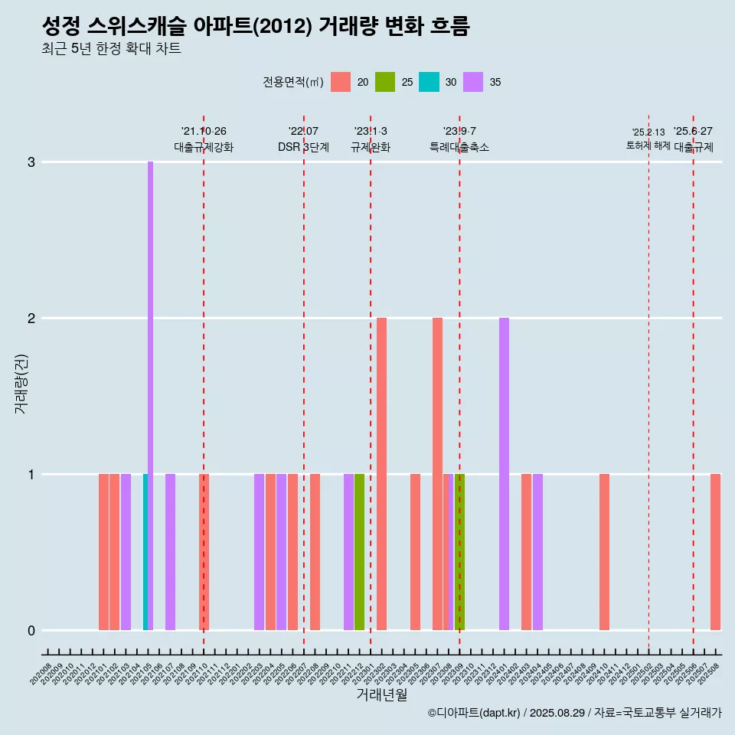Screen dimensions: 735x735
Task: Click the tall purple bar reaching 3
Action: click(x=150, y=396)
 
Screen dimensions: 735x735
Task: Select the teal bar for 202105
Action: click(x=145, y=552)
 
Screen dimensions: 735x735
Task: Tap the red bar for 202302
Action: click(x=381, y=474)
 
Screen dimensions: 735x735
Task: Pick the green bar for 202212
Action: click(x=359, y=552)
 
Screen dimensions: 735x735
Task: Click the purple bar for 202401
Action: click(x=504, y=474)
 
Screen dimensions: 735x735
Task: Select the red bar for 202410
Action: click(x=604, y=552)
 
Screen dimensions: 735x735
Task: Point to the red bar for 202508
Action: click(x=715, y=552)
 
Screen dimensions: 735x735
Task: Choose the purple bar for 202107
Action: click(x=170, y=552)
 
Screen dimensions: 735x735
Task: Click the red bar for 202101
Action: click(x=103, y=552)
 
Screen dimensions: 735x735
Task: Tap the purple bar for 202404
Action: click(x=537, y=552)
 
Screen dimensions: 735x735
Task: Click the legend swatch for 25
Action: click(x=385, y=82)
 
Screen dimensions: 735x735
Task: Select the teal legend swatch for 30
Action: click(x=430, y=82)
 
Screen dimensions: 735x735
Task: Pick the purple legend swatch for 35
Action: click(x=473, y=82)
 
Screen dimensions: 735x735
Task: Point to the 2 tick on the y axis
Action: click(x=31, y=318)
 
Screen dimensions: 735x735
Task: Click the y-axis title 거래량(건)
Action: click(x=21, y=383)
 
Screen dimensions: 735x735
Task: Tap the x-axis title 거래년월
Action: click(x=381, y=694)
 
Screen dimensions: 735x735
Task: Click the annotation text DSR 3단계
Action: click(x=303, y=147)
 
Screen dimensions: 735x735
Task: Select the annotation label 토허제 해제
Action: click(x=648, y=145)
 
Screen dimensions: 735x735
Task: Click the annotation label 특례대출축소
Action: click(x=459, y=147)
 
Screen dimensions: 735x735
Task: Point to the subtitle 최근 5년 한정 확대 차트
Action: click(x=112, y=49)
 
